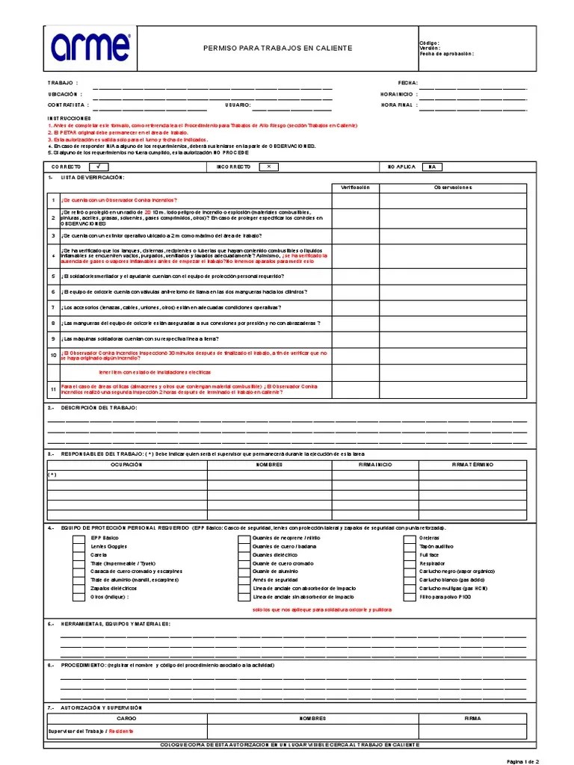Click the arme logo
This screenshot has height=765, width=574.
pyautogui.click(x=90, y=47)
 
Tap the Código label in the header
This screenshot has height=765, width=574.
pyautogui.click(x=430, y=43)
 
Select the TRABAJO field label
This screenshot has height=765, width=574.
pyautogui.click(x=61, y=83)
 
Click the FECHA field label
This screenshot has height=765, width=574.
pyautogui.click(x=408, y=83)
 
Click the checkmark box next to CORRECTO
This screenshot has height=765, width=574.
pyautogui.click(x=98, y=167)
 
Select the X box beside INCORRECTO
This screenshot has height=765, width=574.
pyautogui.click(x=268, y=167)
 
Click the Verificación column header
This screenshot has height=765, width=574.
pyautogui.click(x=356, y=188)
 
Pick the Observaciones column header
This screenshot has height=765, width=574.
pyautogui.click(x=454, y=188)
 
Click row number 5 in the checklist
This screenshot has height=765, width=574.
pyautogui.click(x=53, y=276)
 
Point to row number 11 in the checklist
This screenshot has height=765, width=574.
pyautogui.click(x=53, y=389)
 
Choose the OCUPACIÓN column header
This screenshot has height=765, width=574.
pyautogui.click(x=126, y=464)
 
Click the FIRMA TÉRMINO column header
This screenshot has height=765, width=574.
pyautogui.click(x=472, y=464)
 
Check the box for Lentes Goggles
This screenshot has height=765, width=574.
pyautogui.click(x=78, y=547)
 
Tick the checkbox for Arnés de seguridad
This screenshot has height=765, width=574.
pyautogui.click(x=244, y=580)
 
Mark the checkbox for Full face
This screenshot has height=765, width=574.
pyautogui.click(x=410, y=556)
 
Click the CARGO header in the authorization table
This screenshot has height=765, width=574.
pyautogui.click(x=126, y=718)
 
